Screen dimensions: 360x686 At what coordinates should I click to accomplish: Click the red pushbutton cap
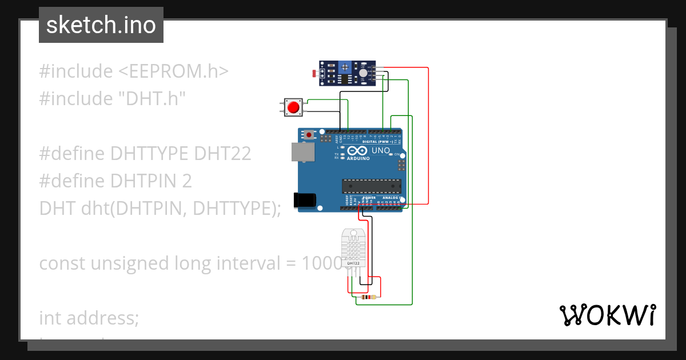click(294, 107)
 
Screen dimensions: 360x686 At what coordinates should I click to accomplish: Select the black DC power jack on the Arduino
click(304, 199)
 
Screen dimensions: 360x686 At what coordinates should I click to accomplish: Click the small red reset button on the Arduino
click(310, 135)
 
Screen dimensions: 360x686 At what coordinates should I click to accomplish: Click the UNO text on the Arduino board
click(381, 151)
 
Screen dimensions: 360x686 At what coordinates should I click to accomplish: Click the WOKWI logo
click(607, 315)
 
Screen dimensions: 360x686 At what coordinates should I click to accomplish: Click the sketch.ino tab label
click(101, 25)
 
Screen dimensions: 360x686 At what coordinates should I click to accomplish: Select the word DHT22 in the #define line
click(222, 154)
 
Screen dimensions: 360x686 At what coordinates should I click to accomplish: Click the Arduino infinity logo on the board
click(357, 151)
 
